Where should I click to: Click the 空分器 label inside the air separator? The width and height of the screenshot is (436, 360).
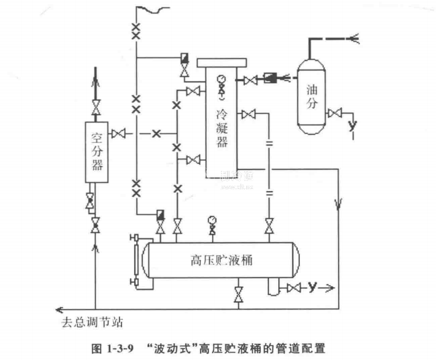97,151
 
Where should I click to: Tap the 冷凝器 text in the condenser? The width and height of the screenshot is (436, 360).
222,127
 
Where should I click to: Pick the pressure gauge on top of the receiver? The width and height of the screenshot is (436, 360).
213,220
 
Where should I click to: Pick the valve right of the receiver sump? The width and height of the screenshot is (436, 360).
293,288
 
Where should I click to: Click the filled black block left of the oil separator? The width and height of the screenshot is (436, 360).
272,78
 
